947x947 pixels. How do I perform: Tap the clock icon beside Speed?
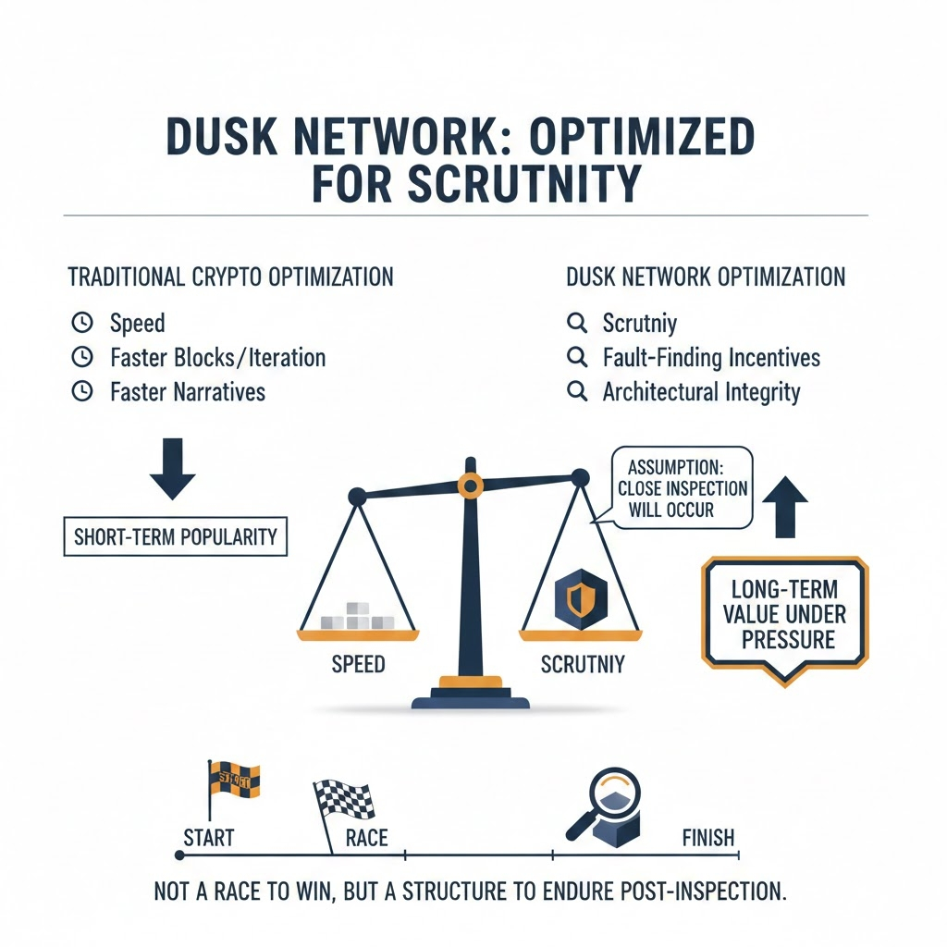tap(82, 323)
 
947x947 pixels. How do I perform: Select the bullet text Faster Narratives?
tap(187, 391)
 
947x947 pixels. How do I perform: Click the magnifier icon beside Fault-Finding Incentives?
tap(577, 357)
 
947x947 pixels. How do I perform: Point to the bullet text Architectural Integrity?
tap(701, 391)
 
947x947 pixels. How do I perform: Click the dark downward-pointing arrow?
tap(172, 471)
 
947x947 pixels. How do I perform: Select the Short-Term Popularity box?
tap(175, 536)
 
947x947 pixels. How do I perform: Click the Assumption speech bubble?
tap(683, 487)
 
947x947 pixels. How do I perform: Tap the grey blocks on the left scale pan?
tap(357, 617)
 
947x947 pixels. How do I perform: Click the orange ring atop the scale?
tap(471, 483)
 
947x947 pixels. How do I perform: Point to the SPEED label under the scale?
tap(358, 663)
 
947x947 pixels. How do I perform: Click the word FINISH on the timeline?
tap(707, 838)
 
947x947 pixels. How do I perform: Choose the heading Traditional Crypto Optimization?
tap(230, 277)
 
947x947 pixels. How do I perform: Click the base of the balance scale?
tap(471, 695)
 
